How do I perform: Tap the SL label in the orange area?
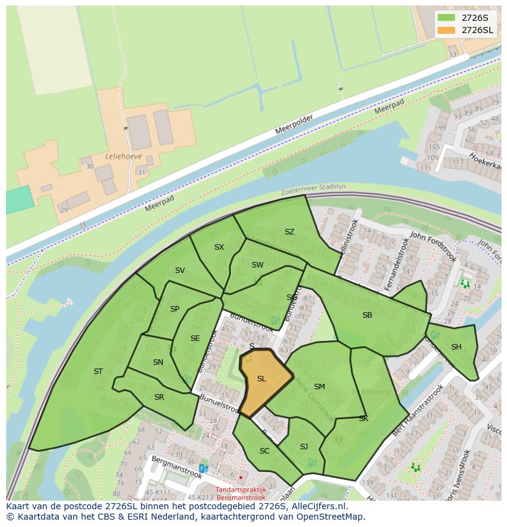[x=261, y=379]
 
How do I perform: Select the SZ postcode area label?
[x=290, y=232]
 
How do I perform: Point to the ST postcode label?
[x=98, y=372]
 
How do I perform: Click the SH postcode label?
[x=456, y=347]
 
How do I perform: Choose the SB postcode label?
[x=367, y=315]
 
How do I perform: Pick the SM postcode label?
[x=319, y=387]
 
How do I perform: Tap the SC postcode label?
[x=265, y=451]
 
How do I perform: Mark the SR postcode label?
[x=159, y=397]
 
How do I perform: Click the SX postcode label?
[x=219, y=247]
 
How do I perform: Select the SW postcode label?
[x=257, y=265]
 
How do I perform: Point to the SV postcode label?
[x=180, y=271]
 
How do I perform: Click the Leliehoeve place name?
[x=123, y=157]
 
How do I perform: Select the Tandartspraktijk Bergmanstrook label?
[x=241, y=493]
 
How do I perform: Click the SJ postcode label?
[x=304, y=447]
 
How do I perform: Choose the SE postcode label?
[x=195, y=338]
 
